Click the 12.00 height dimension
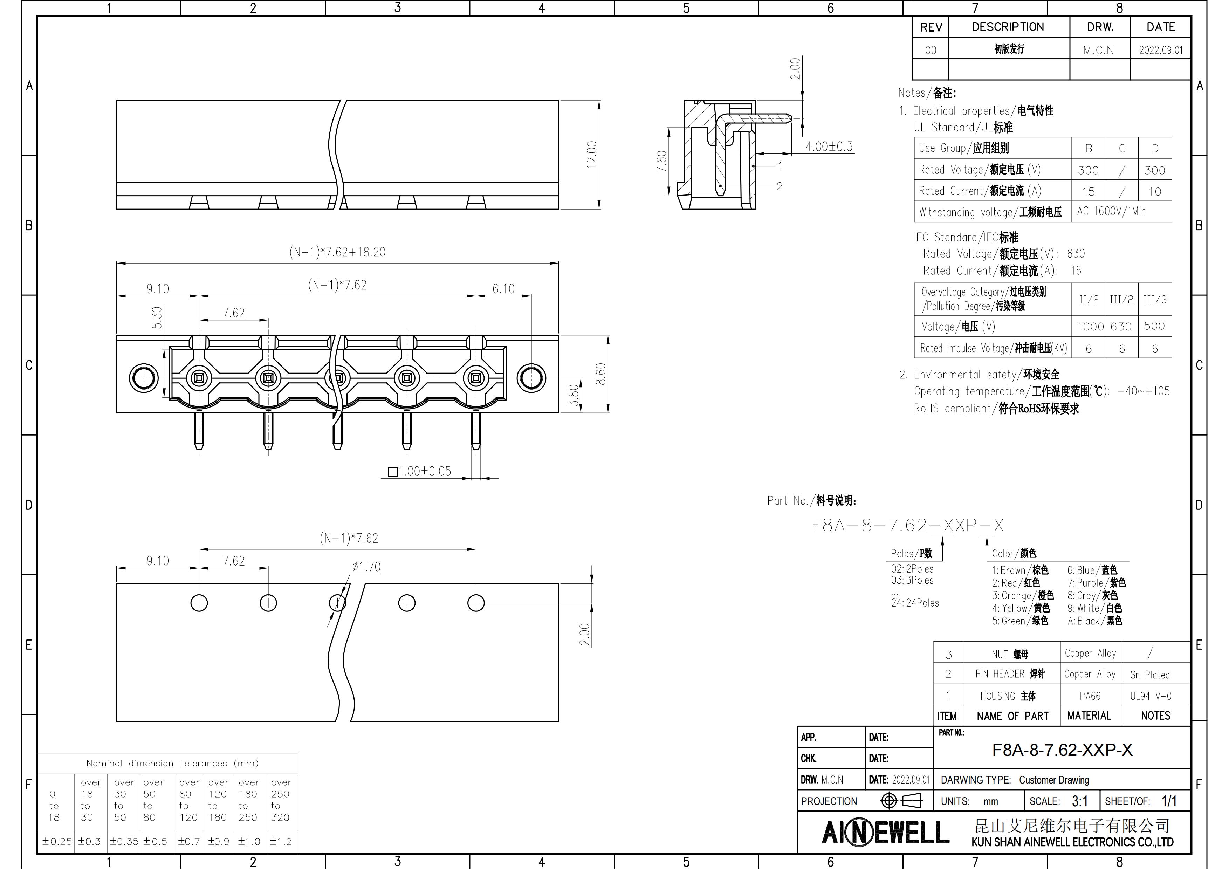coord(591,155)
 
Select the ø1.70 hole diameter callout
coord(366,567)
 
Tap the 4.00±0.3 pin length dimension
coord(829,146)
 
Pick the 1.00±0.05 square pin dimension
coord(420,471)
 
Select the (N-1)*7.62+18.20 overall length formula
coord(337,252)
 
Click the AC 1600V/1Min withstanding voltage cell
coord(1111,212)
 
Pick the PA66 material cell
coord(1090,696)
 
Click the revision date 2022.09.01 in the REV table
coord(1160,50)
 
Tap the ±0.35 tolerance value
coord(124,841)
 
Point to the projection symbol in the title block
coord(902,801)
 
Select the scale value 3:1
coord(1080,801)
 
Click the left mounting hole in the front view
coord(144,378)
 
